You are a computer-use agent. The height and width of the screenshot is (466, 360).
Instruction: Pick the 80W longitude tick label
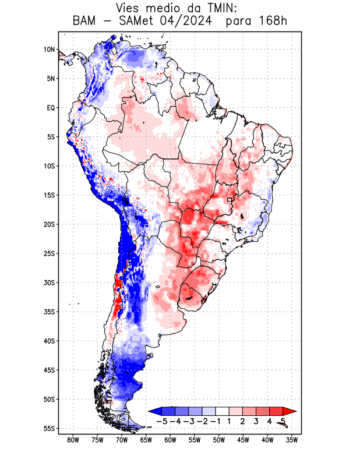pos(73,440)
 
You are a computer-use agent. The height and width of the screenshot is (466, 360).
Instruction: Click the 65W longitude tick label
pos(146,440)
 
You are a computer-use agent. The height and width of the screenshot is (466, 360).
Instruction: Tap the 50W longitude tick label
pos(219,440)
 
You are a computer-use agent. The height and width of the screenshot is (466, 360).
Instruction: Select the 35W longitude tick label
pos(292,440)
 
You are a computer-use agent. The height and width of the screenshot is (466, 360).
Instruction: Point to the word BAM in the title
pos(86,22)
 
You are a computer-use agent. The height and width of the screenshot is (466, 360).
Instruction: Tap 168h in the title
pos(272,22)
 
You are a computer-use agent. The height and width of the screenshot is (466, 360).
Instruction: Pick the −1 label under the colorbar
pos(215,421)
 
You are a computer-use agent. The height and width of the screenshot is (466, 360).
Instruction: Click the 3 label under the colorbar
pos(256,421)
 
